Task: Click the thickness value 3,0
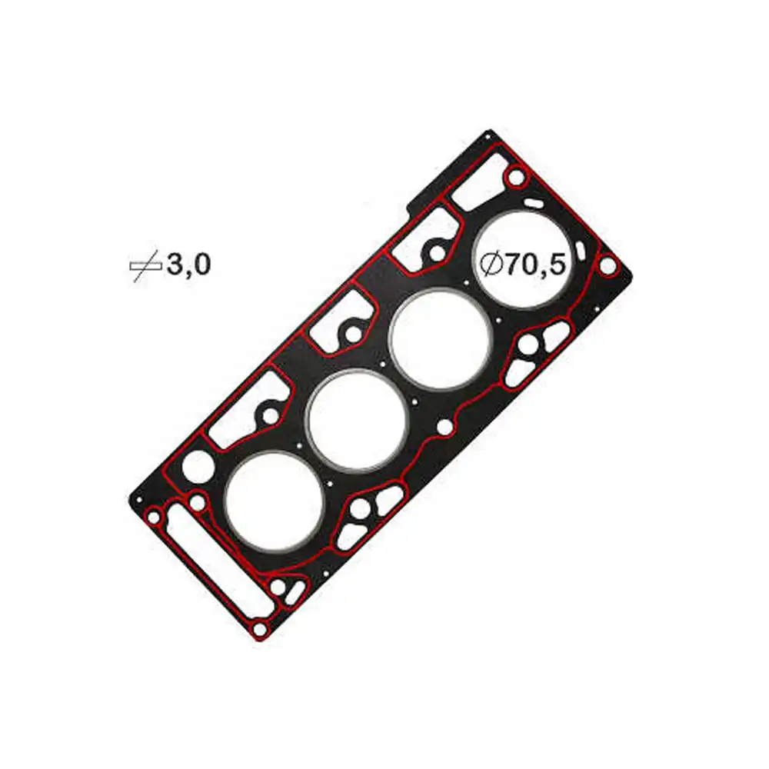[x=188, y=265]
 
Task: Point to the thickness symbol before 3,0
[x=145, y=266]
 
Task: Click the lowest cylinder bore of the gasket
[x=274, y=501]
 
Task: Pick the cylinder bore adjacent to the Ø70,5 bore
[x=441, y=339]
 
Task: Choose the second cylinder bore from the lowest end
[x=357, y=420]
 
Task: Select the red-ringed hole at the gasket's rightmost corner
[x=608, y=266]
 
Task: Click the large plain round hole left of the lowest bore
[x=198, y=465]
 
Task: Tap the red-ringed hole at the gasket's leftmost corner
[x=154, y=518]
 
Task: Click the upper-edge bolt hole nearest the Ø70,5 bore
[x=436, y=251]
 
